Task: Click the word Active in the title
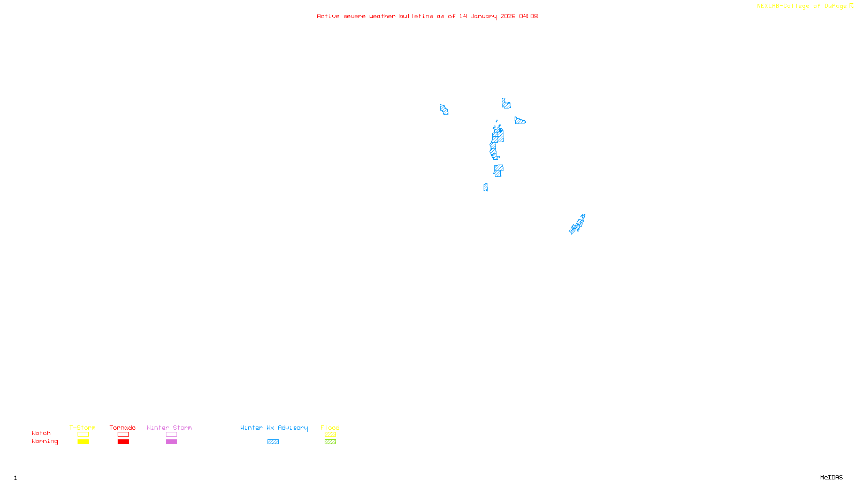pyautogui.click(x=328, y=16)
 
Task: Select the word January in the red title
pyautogui.click(x=484, y=16)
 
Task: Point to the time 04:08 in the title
pyautogui.click(x=528, y=16)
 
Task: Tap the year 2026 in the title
pyautogui.click(x=508, y=16)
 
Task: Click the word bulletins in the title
pyautogui.click(x=416, y=16)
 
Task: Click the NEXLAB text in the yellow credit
pyautogui.click(x=768, y=6)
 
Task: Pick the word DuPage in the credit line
pyautogui.click(x=835, y=6)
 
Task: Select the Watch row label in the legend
pyautogui.click(x=41, y=433)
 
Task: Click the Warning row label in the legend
pyautogui.click(x=44, y=441)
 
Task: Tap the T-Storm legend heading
pyautogui.click(x=82, y=428)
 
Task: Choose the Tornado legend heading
pyautogui.click(x=123, y=428)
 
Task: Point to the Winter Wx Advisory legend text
pyautogui.click(x=274, y=428)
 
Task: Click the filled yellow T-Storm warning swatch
pyautogui.click(x=83, y=442)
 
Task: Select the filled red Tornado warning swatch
pyautogui.click(x=123, y=442)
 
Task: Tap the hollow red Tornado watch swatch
pyautogui.click(x=123, y=435)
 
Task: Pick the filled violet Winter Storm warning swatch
pyautogui.click(x=171, y=442)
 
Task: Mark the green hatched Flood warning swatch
pyautogui.click(x=330, y=442)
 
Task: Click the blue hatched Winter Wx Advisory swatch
pyautogui.click(x=273, y=442)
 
